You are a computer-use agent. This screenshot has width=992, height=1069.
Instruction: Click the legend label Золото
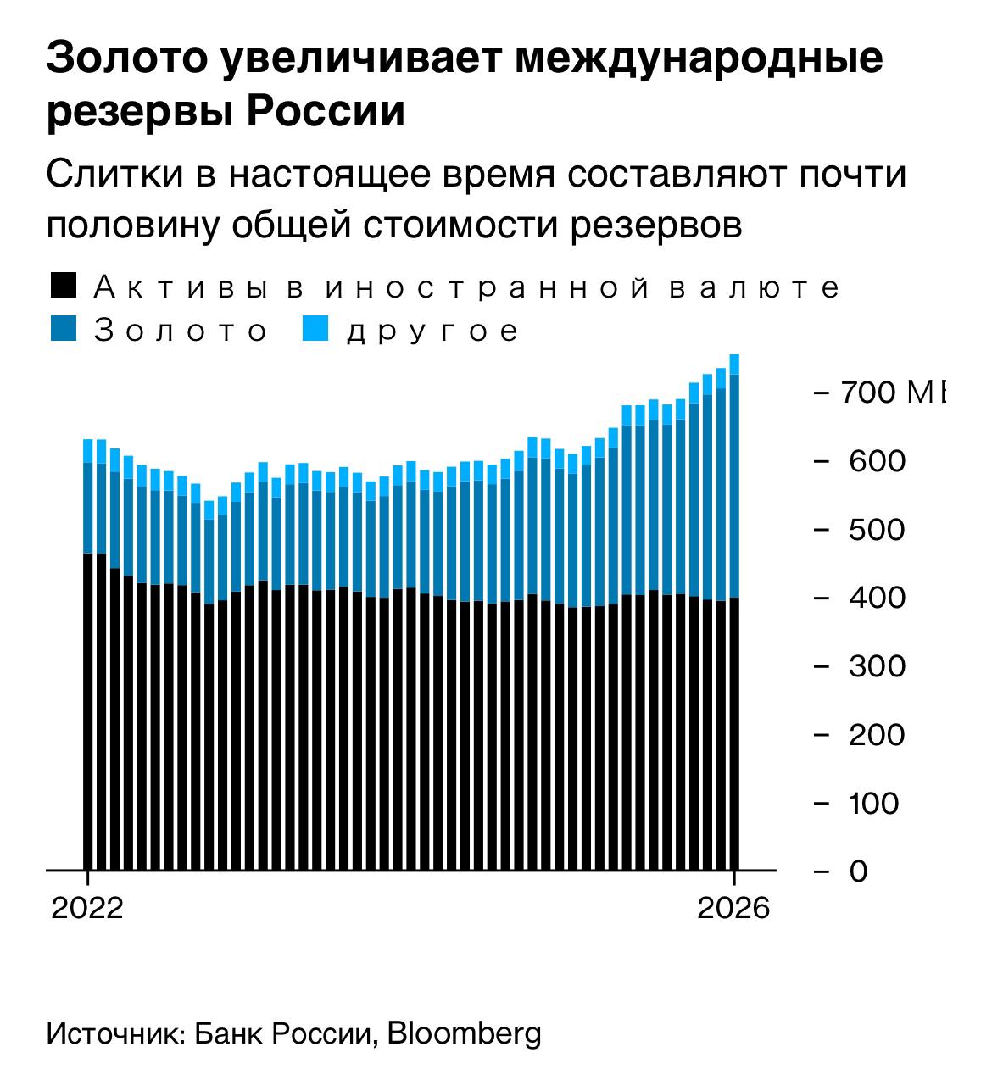tap(181, 331)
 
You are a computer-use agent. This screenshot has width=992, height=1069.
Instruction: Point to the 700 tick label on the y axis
tap(872, 393)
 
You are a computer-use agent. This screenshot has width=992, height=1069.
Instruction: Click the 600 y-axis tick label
tap(877, 461)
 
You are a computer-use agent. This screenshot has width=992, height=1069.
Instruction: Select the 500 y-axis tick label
tap(877, 530)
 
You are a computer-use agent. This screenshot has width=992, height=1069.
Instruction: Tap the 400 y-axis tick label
tap(877, 598)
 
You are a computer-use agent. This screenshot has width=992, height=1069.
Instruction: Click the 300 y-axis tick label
tap(877, 666)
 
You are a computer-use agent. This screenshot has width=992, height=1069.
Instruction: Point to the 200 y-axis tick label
tap(877, 734)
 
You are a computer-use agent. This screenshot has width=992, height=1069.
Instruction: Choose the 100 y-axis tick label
tap(874, 803)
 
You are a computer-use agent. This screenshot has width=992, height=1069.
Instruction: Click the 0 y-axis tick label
tap(858, 871)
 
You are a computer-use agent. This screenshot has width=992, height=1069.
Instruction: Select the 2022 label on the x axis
tap(87, 908)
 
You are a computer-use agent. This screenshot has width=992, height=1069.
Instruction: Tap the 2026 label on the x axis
tap(733, 908)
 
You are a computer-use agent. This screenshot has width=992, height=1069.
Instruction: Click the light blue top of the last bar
tap(734, 365)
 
